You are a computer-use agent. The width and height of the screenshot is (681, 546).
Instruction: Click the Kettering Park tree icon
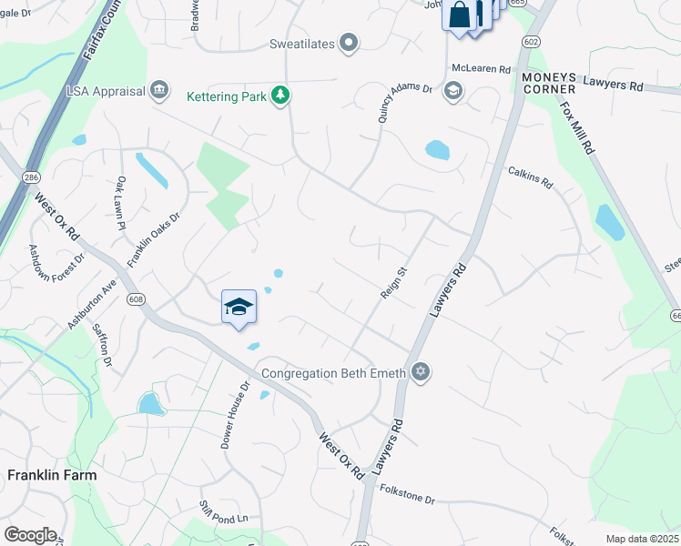[282, 96]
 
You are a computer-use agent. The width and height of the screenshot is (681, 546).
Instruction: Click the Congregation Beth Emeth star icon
[420, 371]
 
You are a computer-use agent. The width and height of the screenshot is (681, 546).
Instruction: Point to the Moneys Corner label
[549, 83]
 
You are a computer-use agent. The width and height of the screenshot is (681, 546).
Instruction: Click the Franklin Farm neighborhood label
[51, 474]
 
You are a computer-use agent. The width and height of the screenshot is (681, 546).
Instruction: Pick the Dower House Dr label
[235, 414]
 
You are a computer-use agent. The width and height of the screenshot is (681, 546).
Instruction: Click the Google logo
[30, 535]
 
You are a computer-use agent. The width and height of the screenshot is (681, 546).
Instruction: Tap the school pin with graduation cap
[239, 307]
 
